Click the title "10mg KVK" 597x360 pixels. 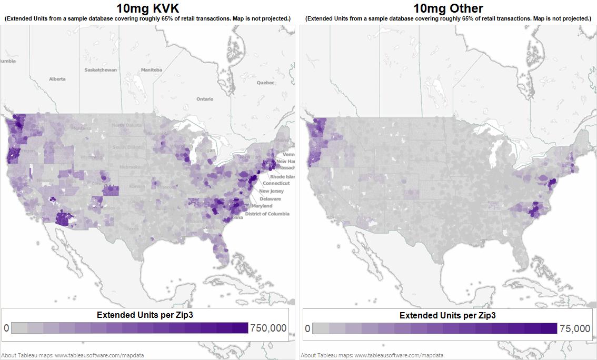148,8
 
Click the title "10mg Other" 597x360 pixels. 448,8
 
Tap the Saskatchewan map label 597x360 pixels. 101,70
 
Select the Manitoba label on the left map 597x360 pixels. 152,70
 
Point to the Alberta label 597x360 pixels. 57,79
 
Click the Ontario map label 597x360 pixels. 205,99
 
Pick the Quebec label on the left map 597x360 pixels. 266,83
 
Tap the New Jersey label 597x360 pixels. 272,191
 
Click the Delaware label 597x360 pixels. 270,199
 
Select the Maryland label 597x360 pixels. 262,206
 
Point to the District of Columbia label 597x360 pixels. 267,214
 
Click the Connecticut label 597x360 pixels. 276,183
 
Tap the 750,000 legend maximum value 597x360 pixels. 268,328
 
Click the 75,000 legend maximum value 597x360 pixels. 575,329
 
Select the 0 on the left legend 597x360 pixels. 6,328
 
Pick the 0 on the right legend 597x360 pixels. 307,329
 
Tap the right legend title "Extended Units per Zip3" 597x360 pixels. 447,316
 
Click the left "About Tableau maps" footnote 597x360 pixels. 73,355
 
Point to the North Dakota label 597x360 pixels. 126,125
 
